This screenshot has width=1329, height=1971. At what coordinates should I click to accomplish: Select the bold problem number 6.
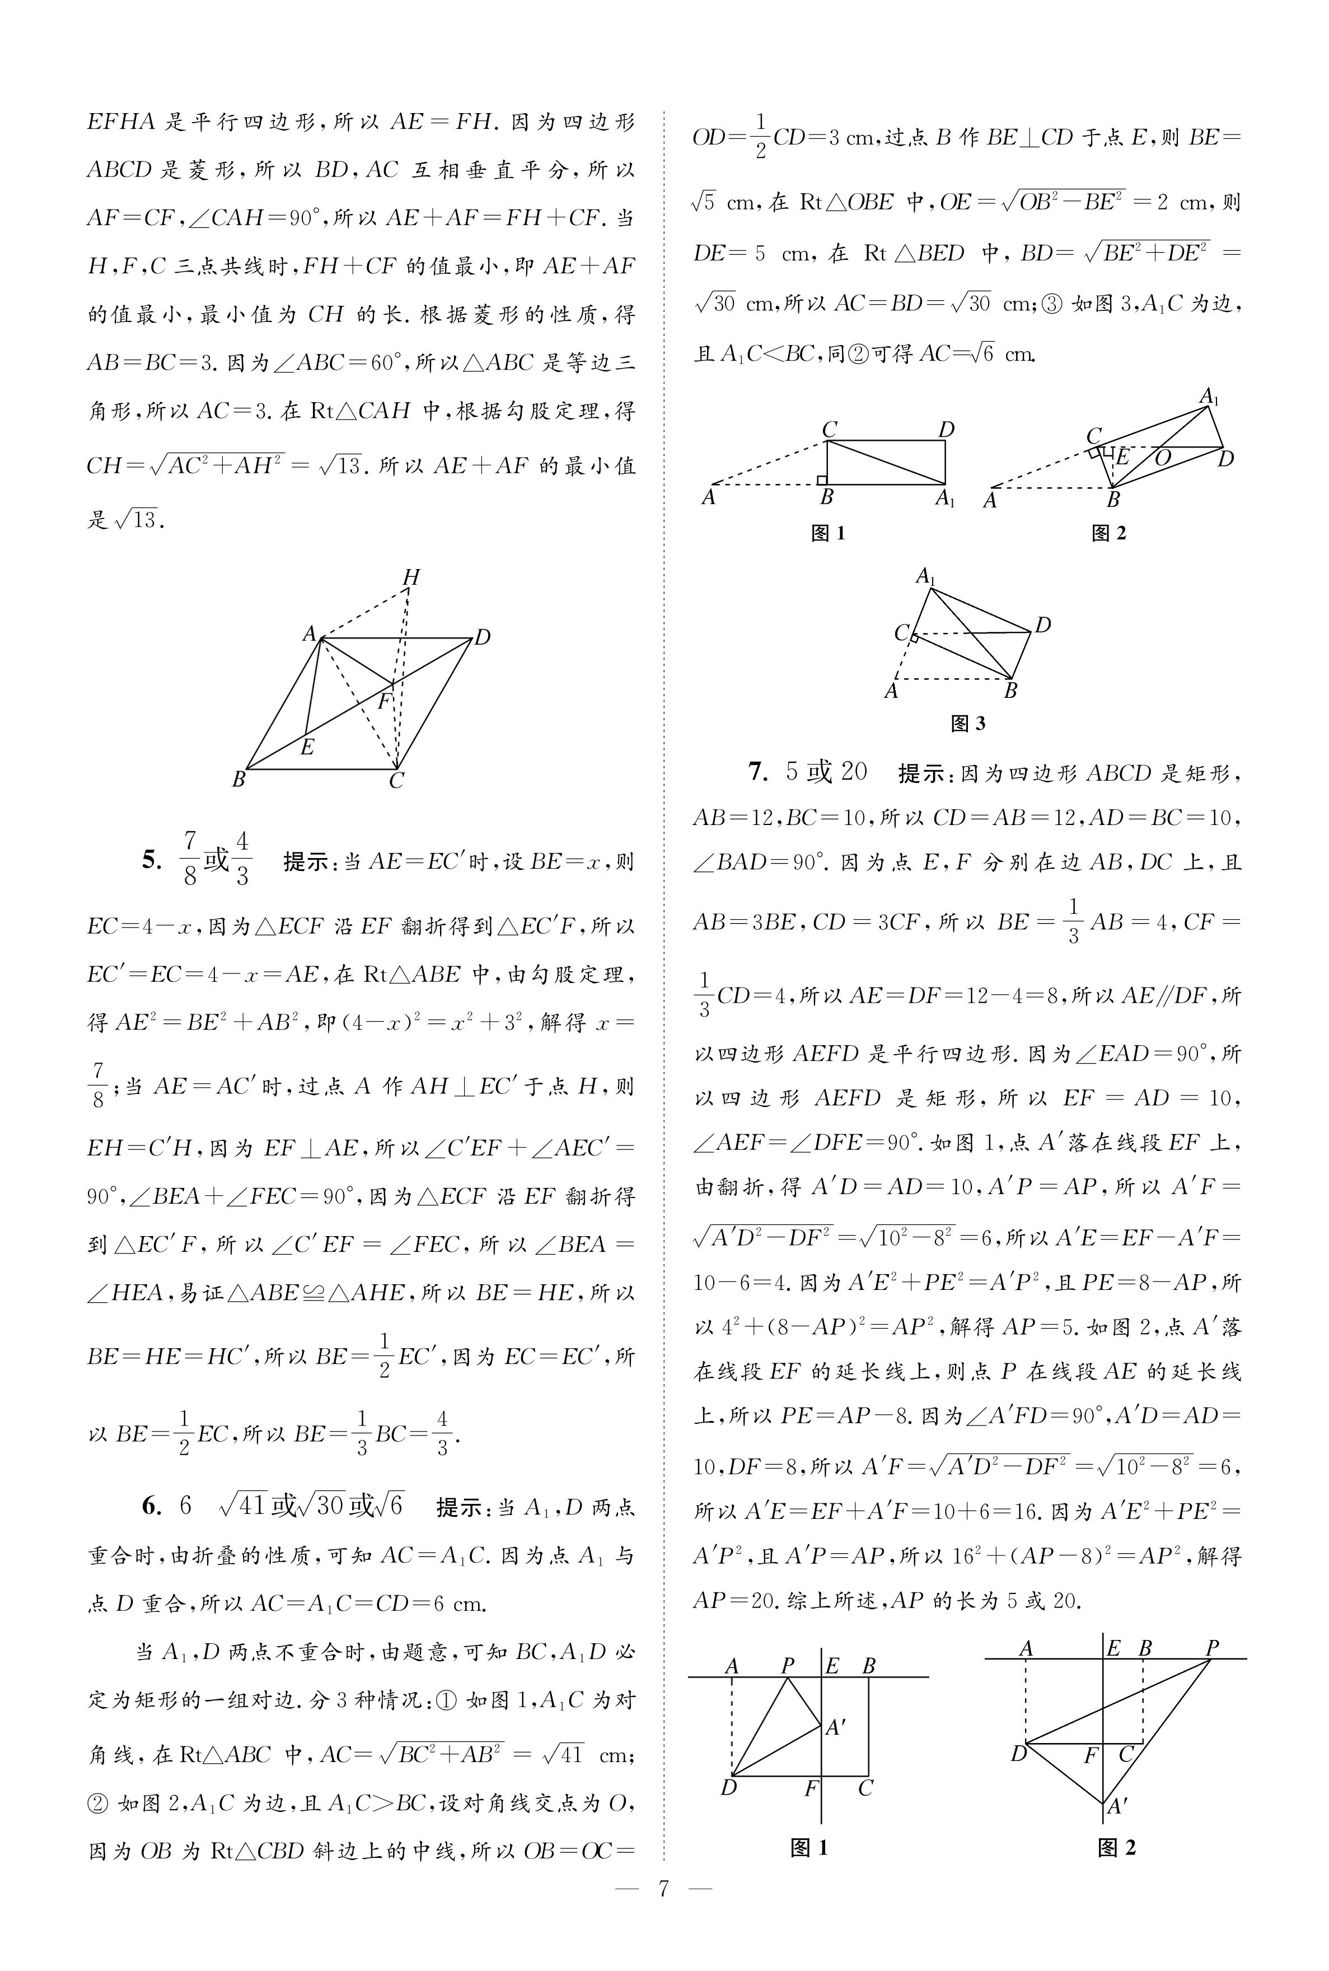tap(152, 1506)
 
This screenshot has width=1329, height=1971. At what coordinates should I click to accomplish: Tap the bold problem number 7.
tap(757, 771)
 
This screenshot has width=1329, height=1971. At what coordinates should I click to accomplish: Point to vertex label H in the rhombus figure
tap(411, 577)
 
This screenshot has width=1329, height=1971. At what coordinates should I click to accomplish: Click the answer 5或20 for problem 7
tap(826, 771)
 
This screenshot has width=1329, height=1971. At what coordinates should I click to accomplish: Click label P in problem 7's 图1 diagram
tap(788, 1666)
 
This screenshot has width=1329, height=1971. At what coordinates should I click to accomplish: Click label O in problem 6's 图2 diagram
tap(1163, 458)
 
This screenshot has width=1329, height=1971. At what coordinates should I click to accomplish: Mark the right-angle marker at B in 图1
tap(821, 480)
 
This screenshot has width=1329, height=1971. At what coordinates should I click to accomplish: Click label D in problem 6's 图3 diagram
tap(1043, 625)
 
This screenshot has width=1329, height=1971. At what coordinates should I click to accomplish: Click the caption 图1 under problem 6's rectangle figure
tap(828, 533)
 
